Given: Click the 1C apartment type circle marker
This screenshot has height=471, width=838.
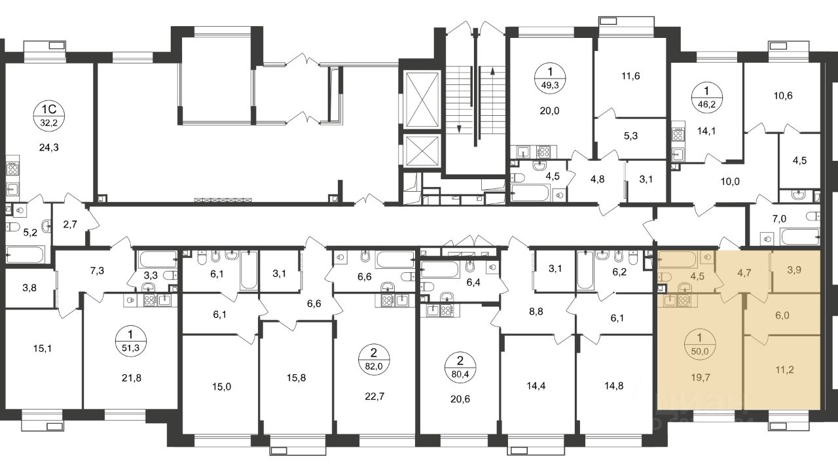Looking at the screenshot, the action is tap(49, 115).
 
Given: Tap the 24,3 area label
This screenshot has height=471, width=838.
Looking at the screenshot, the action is tap(49, 148).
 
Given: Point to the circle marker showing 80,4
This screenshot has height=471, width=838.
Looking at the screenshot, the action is tap(460, 367).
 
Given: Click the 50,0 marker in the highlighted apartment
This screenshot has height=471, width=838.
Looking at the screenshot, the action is tap(700, 344).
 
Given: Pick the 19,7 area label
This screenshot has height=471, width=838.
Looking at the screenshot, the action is tap(701, 377).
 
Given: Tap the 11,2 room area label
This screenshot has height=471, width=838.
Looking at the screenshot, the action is tap(784, 370).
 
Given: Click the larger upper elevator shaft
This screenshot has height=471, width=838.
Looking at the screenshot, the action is tap(422, 100).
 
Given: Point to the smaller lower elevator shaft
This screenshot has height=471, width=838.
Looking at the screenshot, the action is tap(422, 150).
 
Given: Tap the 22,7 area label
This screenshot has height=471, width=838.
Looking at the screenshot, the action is tap(375, 396).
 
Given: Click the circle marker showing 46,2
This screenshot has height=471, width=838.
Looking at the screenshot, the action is tap(706, 98).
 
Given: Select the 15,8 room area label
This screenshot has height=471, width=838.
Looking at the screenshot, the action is tap(297, 378).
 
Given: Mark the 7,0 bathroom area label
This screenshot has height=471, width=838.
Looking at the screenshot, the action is tap(779, 218).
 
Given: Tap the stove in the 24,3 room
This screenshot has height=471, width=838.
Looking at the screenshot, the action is tap(12, 169).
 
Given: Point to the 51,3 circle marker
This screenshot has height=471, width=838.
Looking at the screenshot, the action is tap(131, 341).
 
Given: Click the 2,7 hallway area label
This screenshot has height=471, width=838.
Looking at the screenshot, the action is tap(70, 224).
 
